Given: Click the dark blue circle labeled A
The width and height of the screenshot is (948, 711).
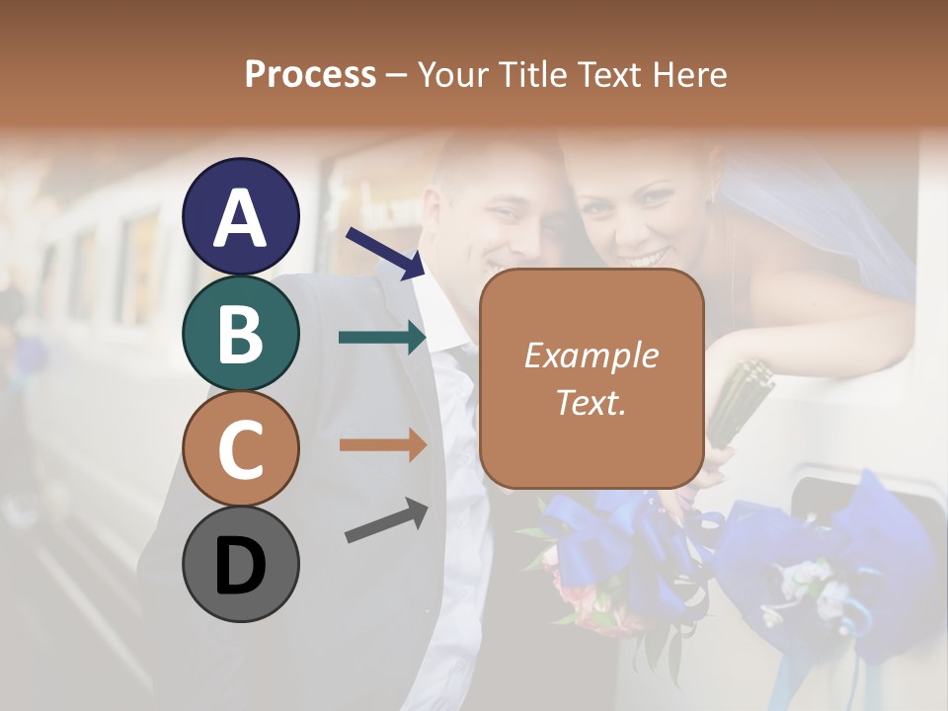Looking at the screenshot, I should (241, 217).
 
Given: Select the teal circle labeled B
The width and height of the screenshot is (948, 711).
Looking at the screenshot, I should (241, 333).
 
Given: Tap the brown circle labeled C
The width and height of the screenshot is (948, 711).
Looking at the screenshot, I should (241, 448).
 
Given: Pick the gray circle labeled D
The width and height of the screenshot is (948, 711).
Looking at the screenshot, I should (241, 564).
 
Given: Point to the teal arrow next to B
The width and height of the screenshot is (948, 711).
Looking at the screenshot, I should (382, 337).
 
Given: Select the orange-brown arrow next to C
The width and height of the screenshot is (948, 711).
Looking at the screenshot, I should (382, 444).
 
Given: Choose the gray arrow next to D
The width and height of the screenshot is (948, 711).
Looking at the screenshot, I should (386, 520).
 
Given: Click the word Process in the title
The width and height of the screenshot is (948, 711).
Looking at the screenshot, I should (310, 75).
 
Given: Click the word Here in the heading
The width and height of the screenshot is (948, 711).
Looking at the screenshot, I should (691, 75).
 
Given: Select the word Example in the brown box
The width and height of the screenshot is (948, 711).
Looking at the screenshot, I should (591, 356).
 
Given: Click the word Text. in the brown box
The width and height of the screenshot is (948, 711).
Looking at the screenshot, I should (591, 402).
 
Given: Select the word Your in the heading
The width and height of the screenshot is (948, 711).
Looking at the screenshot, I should (455, 75).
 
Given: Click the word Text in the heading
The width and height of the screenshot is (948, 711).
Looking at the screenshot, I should (612, 75).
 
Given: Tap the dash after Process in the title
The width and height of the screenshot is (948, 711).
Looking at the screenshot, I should (397, 75).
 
